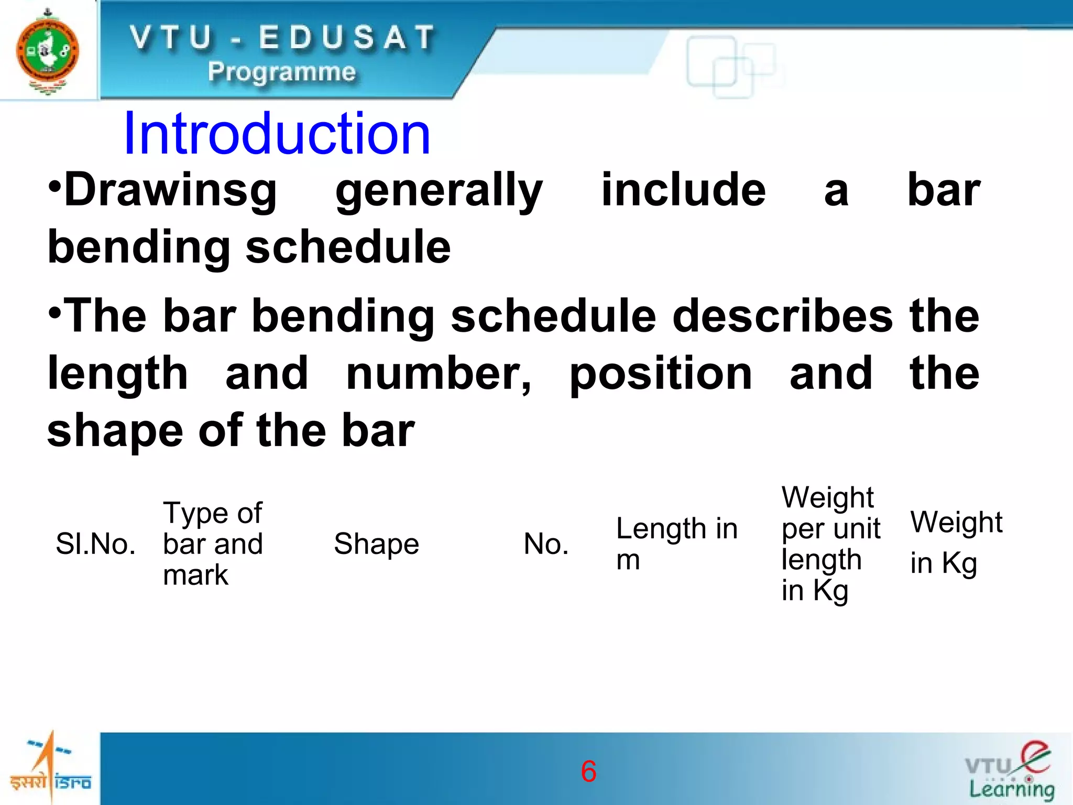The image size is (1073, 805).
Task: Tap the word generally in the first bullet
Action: pyautogui.click(x=439, y=191)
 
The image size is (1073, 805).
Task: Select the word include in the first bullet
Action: pyautogui.click(x=683, y=190)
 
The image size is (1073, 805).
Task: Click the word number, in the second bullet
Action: pyautogui.click(x=439, y=374)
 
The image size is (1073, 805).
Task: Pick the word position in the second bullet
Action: pyautogui.click(x=661, y=375)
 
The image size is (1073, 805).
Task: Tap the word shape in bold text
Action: pyautogui.click(x=115, y=431)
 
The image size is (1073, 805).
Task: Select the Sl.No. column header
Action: pyautogui.click(x=96, y=544)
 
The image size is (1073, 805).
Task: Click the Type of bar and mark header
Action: pyautogui.click(x=213, y=543)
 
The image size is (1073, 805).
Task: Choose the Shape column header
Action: pyautogui.click(x=376, y=544)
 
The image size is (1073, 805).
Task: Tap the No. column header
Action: pyautogui.click(x=546, y=544)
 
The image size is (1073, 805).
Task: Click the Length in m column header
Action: pyautogui.click(x=676, y=543)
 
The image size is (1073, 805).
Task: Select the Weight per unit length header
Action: pyautogui.click(x=830, y=543)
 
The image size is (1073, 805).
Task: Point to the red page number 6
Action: pyautogui.click(x=588, y=771)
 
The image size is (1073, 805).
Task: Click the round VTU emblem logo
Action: pyautogui.click(x=48, y=51)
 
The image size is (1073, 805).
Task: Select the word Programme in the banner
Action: pyautogui.click(x=281, y=72)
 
